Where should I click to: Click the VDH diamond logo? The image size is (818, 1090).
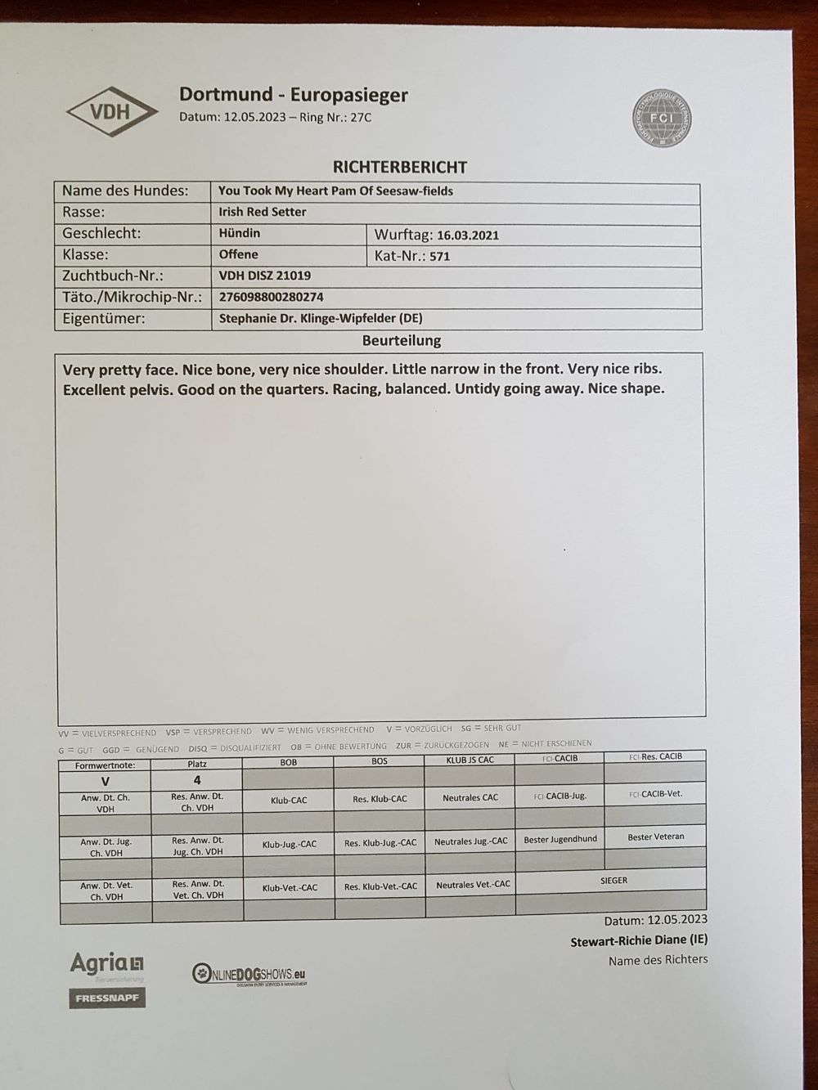[x=112, y=110]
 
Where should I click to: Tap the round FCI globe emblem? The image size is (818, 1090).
[x=663, y=118]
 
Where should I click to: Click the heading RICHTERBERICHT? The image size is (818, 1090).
[x=399, y=168]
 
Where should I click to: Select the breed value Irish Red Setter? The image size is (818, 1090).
[x=262, y=212]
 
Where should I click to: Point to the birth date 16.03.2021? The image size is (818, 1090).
[x=467, y=235]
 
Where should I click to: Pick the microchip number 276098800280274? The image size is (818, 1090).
[x=271, y=297]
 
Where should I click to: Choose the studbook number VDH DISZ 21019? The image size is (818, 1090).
[x=264, y=276]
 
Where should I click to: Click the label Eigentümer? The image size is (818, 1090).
[x=103, y=319]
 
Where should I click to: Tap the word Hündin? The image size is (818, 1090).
[x=239, y=233]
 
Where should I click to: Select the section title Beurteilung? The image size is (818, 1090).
[x=401, y=340]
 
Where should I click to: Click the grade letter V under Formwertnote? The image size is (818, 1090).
[x=105, y=781]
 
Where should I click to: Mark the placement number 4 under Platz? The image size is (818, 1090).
[x=197, y=780]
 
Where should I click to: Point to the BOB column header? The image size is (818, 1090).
[x=289, y=762]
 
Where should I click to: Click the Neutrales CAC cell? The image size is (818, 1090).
[x=470, y=797]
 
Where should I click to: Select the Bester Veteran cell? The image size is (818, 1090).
[x=655, y=837]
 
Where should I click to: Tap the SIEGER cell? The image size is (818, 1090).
[x=613, y=881]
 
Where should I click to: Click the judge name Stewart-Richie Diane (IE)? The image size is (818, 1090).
[x=638, y=941]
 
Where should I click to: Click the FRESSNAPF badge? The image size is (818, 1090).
[x=107, y=998]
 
